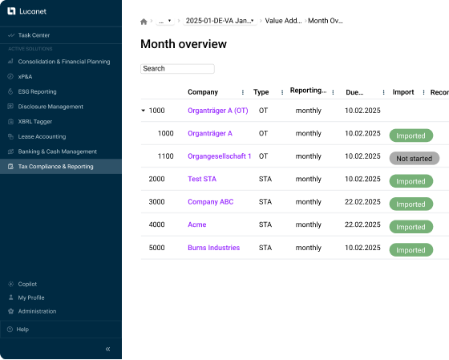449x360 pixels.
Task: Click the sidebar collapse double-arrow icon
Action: tap(107, 349)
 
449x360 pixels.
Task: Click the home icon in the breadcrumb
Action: tap(144, 22)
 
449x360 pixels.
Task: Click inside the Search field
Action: tap(177, 69)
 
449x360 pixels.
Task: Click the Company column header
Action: tap(203, 92)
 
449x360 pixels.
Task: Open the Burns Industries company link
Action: tap(213, 248)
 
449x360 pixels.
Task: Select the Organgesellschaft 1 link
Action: tap(220, 156)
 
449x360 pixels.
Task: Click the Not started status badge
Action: tap(414, 159)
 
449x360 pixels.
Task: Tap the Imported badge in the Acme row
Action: tap(411, 227)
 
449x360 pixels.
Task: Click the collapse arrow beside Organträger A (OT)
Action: tap(144, 111)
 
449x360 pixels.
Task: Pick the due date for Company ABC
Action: tap(362, 202)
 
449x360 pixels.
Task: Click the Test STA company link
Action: tap(202, 179)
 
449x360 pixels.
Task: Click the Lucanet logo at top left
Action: tap(26, 11)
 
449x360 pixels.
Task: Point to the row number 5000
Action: tap(156, 248)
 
